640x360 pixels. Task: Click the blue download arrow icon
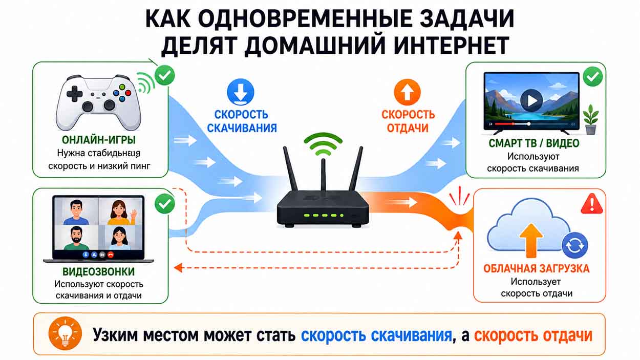[240, 92]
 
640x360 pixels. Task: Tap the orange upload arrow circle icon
[407, 92]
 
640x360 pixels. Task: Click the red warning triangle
[592, 204]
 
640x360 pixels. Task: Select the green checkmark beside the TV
[593, 76]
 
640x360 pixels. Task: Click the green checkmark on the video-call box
[164, 203]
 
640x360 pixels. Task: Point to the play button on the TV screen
[531, 100]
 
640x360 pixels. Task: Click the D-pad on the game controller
[74, 93]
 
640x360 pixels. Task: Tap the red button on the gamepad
[128, 93]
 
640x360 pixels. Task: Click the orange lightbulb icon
[65, 333]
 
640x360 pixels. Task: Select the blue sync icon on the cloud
[574, 245]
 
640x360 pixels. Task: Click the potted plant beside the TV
[591, 119]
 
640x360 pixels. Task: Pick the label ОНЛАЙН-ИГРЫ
[99, 140]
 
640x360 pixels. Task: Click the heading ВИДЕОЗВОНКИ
[99, 271]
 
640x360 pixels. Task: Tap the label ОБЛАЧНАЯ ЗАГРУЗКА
[536, 268]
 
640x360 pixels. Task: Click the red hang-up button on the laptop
[111, 255]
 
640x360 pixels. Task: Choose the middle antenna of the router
[323, 175]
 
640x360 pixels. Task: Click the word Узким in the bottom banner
[115, 334]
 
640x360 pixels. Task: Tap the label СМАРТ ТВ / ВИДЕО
[534, 143]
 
